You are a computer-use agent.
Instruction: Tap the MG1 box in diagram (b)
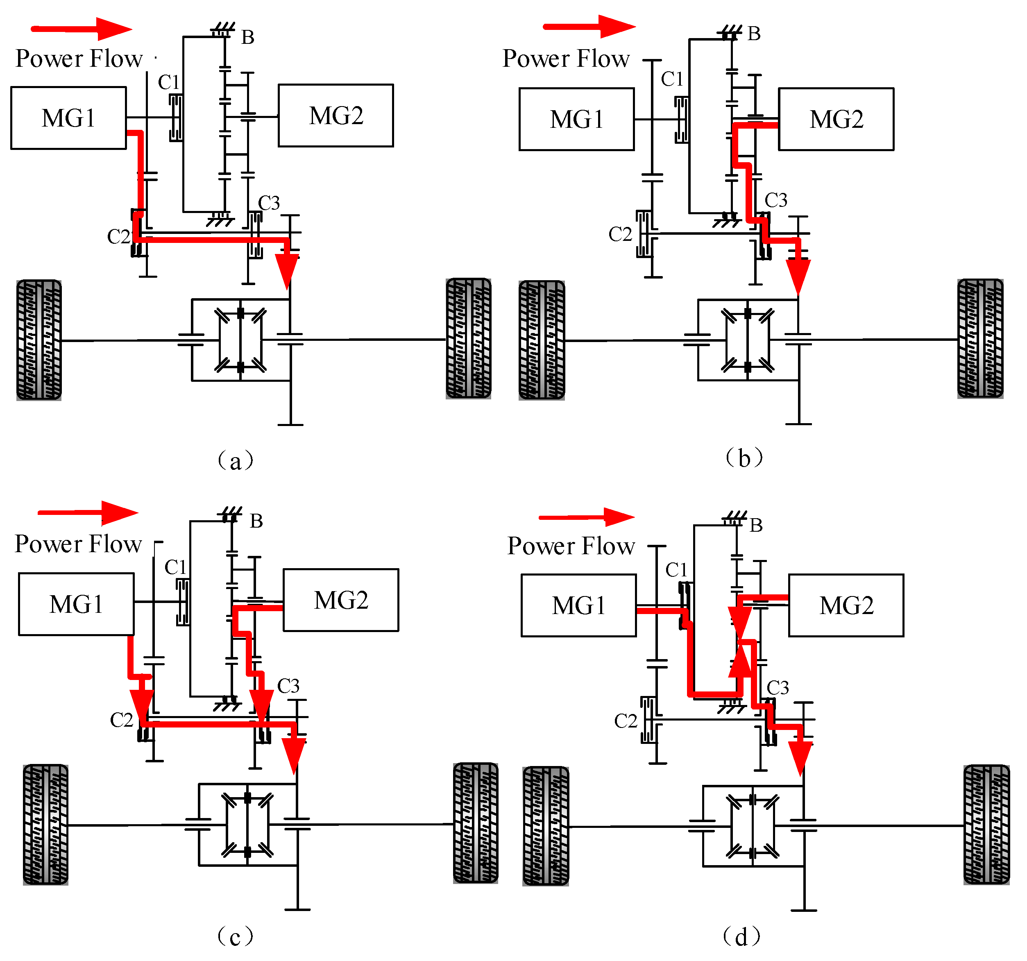point(576,119)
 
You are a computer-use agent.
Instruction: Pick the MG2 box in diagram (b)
point(836,119)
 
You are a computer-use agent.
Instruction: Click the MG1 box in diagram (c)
point(77,604)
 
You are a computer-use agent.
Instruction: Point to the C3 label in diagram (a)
point(269,203)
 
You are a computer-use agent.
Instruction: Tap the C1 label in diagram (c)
point(175,567)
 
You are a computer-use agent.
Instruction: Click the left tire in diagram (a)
point(39,340)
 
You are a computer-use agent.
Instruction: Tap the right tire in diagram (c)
point(475,823)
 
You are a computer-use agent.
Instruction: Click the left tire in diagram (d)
point(546,826)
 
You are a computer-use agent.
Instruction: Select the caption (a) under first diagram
point(236,460)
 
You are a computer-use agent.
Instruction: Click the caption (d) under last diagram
point(742,936)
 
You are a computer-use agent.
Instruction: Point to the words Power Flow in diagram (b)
point(566,59)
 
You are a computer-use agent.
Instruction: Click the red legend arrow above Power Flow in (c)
point(88,512)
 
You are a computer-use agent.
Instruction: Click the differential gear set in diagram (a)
point(240,340)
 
